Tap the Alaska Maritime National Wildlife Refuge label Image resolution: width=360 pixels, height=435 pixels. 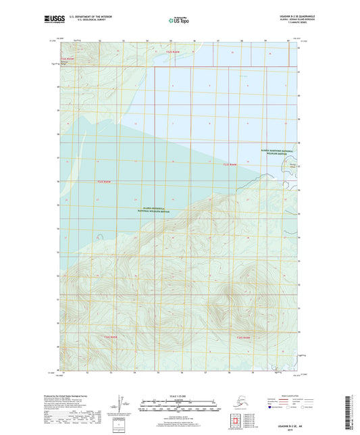277,152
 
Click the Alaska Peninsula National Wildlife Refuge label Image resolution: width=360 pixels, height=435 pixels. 155,211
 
